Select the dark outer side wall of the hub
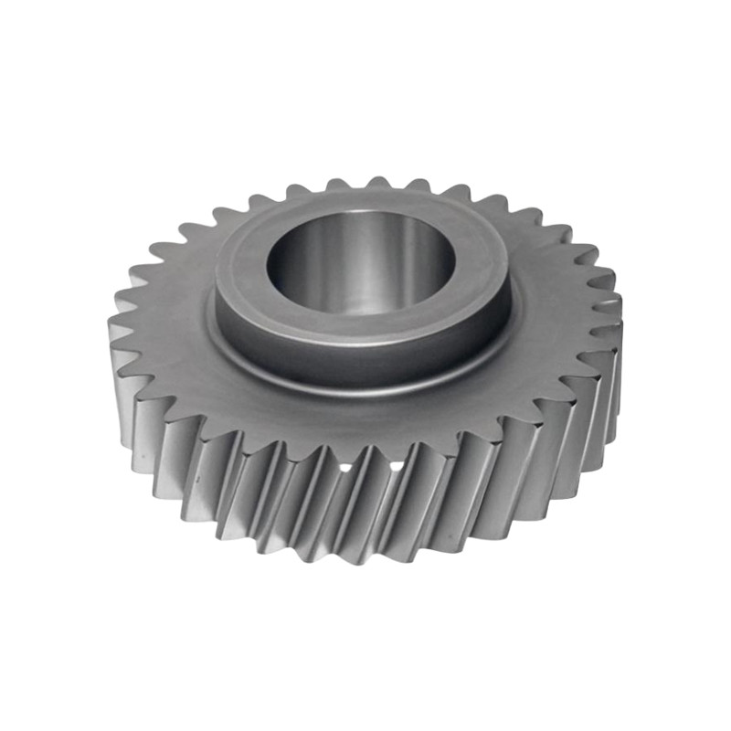pos(365,361)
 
